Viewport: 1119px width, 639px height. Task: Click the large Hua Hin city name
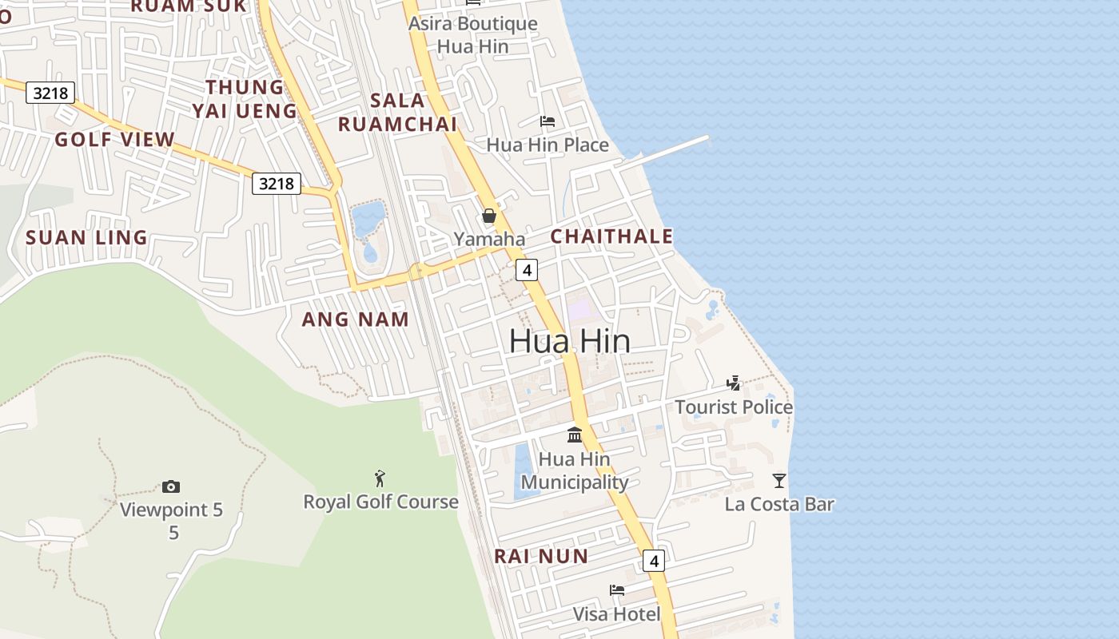[569, 341]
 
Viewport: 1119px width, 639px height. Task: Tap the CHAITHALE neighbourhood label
[611, 236]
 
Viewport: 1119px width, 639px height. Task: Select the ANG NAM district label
[355, 319]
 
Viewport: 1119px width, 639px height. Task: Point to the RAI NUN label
[541, 557]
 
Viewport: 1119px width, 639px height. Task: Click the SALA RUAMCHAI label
[397, 113]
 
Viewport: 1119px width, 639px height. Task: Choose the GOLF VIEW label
[114, 140]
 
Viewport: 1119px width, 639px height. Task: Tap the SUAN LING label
[86, 237]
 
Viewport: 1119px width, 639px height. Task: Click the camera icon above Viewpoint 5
[170, 486]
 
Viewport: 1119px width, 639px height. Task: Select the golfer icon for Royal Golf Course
[380, 478]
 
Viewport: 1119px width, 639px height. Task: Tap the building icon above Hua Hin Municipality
[575, 435]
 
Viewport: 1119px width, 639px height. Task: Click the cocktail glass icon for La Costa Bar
[779, 480]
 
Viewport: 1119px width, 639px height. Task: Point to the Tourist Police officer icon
[733, 383]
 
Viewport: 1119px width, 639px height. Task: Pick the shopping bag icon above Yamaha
[489, 216]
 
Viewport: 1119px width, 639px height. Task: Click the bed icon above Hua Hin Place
[548, 121]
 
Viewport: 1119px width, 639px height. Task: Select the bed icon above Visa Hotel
[617, 590]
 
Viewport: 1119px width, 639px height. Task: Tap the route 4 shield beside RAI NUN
[654, 561]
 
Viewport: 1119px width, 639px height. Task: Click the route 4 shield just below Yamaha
[526, 270]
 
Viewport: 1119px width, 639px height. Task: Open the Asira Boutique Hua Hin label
[473, 35]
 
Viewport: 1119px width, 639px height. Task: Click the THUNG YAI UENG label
[245, 98]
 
